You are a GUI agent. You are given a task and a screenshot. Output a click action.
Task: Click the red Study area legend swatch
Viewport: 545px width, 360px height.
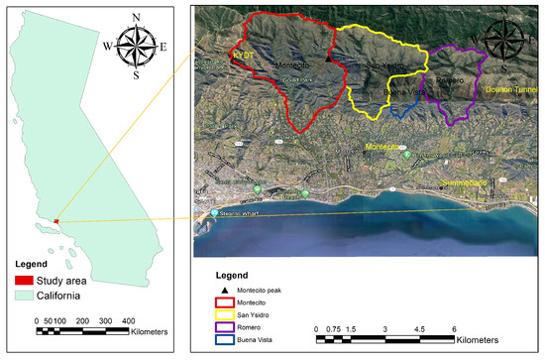coord(27,280)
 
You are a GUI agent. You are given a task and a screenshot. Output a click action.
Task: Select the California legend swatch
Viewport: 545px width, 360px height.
coord(27,296)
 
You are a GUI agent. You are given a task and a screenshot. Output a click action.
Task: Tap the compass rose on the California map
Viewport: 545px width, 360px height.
coord(133,46)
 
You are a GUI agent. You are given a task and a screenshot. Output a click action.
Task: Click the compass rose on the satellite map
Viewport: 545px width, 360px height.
coord(505,43)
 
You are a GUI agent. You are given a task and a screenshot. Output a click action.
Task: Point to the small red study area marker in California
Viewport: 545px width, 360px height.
coord(56,221)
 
